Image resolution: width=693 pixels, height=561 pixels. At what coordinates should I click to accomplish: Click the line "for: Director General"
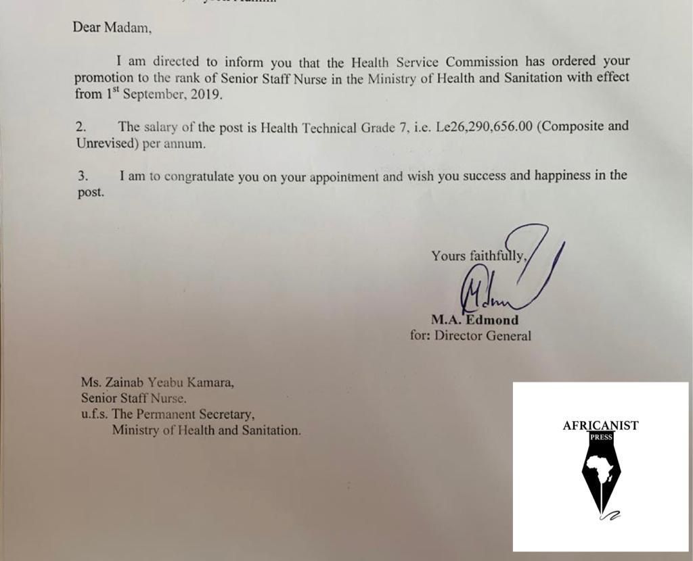coord(470,335)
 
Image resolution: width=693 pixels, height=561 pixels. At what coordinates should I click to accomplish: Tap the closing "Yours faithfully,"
coord(478,255)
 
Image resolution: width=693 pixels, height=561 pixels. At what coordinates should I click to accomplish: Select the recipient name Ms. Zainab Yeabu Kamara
coord(157,383)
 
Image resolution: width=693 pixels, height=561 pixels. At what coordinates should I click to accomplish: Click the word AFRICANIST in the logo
coord(600,426)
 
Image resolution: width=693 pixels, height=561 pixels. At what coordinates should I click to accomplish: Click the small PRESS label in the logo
coord(601,437)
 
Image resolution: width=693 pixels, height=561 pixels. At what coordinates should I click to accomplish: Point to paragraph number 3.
coord(83,176)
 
